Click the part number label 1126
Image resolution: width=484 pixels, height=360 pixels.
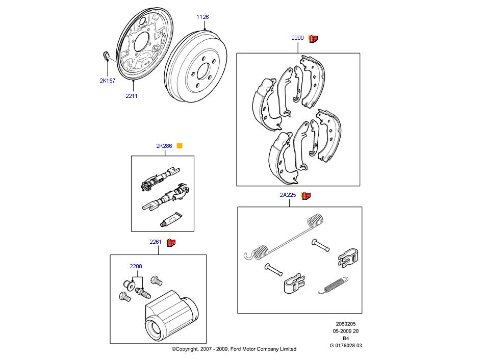click(x=202, y=17)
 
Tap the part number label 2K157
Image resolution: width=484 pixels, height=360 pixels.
click(x=107, y=80)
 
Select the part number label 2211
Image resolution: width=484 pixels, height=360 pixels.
click(x=132, y=95)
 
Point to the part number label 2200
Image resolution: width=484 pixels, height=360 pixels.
click(x=297, y=38)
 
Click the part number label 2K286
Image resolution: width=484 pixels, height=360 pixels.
click(x=164, y=146)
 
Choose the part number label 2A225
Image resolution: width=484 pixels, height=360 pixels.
click(x=288, y=195)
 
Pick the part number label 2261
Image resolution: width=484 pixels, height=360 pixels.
click(x=156, y=242)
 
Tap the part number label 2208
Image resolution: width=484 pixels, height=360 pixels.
click(x=136, y=266)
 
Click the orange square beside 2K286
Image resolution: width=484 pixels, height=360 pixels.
click(x=179, y=146)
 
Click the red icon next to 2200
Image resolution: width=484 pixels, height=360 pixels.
click(x=313, y=38)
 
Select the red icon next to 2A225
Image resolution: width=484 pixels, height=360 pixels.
click(x=306, y=195)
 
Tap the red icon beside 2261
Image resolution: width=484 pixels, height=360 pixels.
click(x=171, y=242)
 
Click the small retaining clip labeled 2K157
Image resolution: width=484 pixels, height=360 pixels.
click(x=106, y=56)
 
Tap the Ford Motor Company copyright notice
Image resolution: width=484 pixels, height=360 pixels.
click(x=234, y=349)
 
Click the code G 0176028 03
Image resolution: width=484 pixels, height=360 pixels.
click(x=346, y=345)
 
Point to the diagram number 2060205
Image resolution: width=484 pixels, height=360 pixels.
click(x=346, y=323)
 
